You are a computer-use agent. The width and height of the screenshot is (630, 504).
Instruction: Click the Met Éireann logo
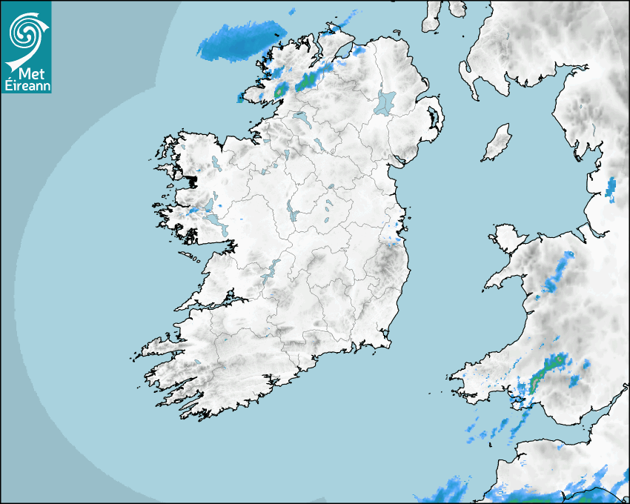click(27, 47)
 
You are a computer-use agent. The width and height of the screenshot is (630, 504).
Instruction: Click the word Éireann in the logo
click(27, 85)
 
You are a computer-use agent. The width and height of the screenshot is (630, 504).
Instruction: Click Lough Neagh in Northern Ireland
click(385, 102)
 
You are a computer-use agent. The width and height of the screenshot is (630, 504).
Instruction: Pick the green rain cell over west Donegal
click(281, 90)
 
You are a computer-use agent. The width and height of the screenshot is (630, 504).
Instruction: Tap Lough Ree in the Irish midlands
click(294, 212)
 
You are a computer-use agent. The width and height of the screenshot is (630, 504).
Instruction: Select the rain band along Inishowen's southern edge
click(315, 79)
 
